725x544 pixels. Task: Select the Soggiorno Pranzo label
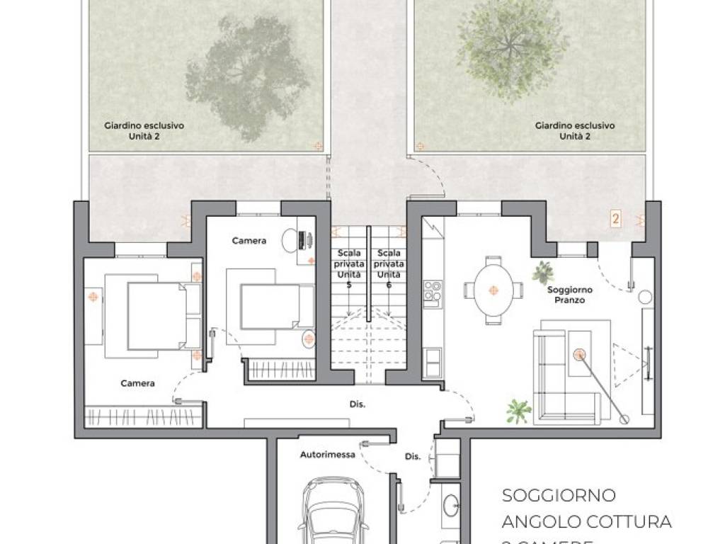[x=570, y=295]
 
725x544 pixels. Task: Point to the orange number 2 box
[x=615, y=219]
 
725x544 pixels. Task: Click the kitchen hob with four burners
[x=433, y=291]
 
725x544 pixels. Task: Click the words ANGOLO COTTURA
[x=586, y=522]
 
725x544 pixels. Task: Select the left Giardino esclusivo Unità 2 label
[x=144, y=130]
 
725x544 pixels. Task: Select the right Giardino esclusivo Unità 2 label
[x=575, y=130]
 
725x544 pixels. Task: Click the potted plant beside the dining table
[x=544, y=271]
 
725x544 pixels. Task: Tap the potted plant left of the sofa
[x=518, y=411]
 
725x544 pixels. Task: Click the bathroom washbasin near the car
[x=451, y=504]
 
